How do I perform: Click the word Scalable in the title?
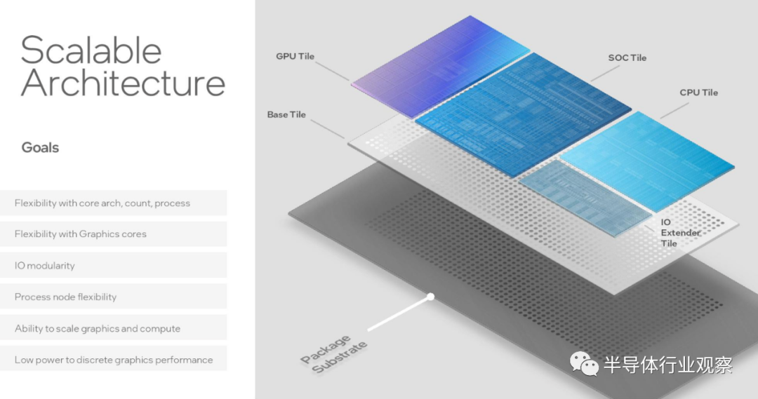pos(91,50)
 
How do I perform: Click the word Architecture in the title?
pos(123,83)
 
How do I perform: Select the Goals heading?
pos(40,147)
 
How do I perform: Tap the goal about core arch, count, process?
pos(102,203)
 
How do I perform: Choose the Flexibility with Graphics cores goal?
pos(80,234)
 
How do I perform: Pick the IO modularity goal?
pos(44,265)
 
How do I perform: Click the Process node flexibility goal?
pos(65,297)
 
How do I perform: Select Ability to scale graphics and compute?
pos(97,328)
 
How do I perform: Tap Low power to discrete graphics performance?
pos(114,360)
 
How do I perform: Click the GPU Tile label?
pos(295,57)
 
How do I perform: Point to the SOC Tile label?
pos(627,58)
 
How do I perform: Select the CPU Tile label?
pos(698,93)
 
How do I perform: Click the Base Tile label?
pos(286,115)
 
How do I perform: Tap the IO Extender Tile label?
pos(680,233)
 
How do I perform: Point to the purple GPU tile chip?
pos(440,65)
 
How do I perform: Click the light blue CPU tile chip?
pos(648,161)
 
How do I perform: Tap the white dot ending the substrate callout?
pos(430,297)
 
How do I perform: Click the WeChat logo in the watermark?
pos(584,364)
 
